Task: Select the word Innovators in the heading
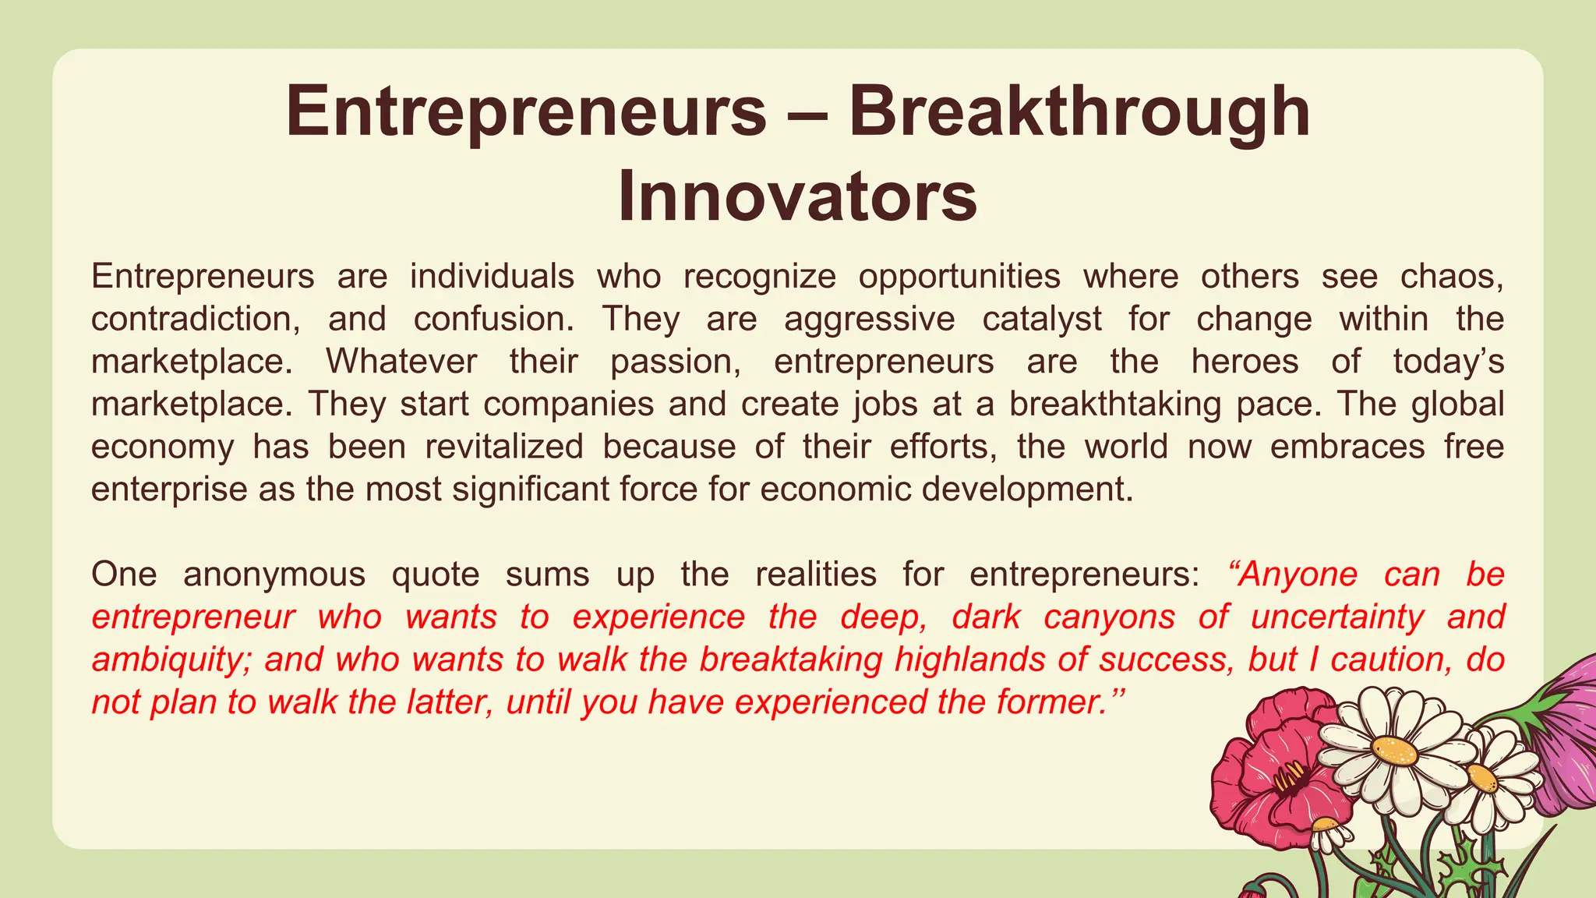point(797,197)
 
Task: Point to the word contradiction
point(196,320)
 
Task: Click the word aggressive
point(869,320)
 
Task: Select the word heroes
point(1245,362)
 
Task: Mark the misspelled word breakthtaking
point(1115,405)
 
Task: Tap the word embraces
point(1347,447)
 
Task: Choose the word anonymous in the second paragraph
point(274,575)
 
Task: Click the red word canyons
point(1109,617)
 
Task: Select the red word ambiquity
point(171,659)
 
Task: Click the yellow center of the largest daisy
point(1395,752)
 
